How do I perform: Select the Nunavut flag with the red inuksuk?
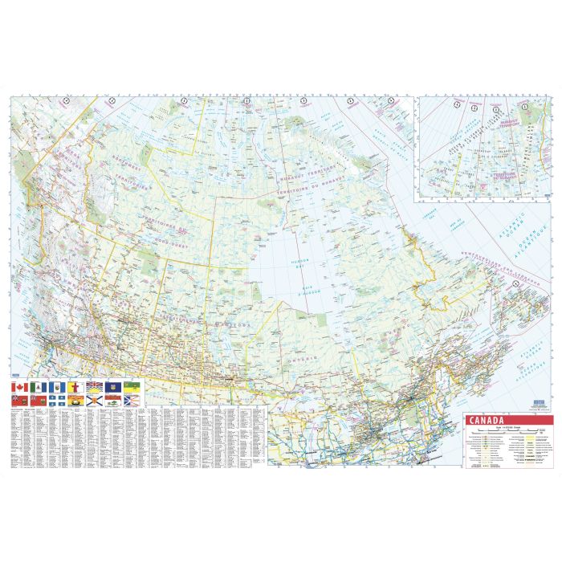click(x=72, y=387)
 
